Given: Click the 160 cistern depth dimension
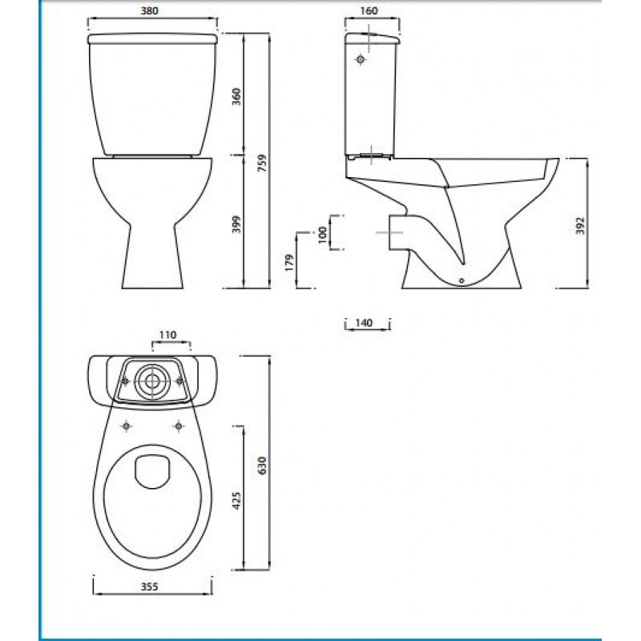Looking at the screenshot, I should (x=368, y=12).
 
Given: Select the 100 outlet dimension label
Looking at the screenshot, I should (x=322, y=236).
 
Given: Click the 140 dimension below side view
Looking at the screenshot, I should (x=365, y=323).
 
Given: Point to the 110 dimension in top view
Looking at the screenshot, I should (x=168, y=334).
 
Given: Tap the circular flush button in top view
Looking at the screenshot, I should (x=150, y=381).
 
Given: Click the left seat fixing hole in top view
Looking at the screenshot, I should (x=126, y=425).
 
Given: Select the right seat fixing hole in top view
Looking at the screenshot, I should (x=177, y=425).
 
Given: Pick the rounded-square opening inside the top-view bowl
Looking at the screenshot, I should (x=151, y=471).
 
